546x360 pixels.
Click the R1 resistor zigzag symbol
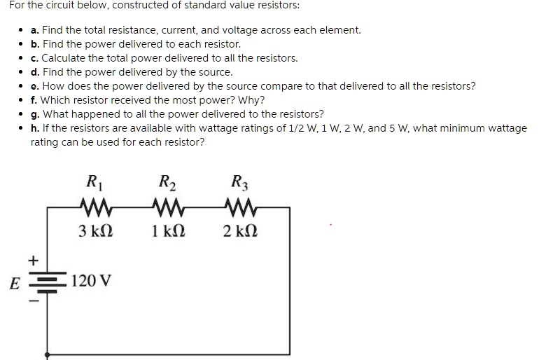(x=93, y=208)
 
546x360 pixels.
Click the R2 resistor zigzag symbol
(x=167, y=208)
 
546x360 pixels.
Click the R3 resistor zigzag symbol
(x=241, y=208)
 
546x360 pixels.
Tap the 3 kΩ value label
(x=93, y=231)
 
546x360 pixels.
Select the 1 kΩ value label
(x=167, y=231)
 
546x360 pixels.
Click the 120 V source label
(x=91, y=282)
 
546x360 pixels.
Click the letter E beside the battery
(x=14, y=284)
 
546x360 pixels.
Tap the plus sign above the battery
(x=31, y=261)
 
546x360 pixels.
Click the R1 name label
(x=92, y=184)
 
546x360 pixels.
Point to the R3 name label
(x=241, y=184)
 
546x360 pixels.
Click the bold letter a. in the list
(x=35, y=30)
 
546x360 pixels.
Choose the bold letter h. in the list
(x=36, y=128)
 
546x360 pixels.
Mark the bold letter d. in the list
(x=36, y=72)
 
